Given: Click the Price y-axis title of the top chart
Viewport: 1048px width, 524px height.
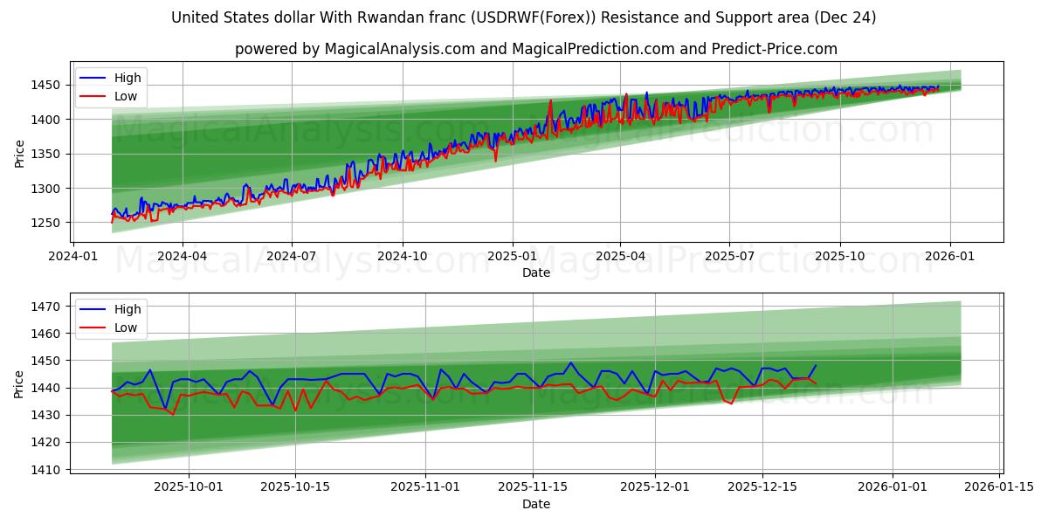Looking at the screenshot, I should coord(19,154).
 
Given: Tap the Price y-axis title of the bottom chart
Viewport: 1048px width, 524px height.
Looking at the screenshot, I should coord(19,384).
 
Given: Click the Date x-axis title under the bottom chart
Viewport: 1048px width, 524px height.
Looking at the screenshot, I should coord(536,504).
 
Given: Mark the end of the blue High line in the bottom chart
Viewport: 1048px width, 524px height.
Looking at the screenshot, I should coord(816,366).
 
